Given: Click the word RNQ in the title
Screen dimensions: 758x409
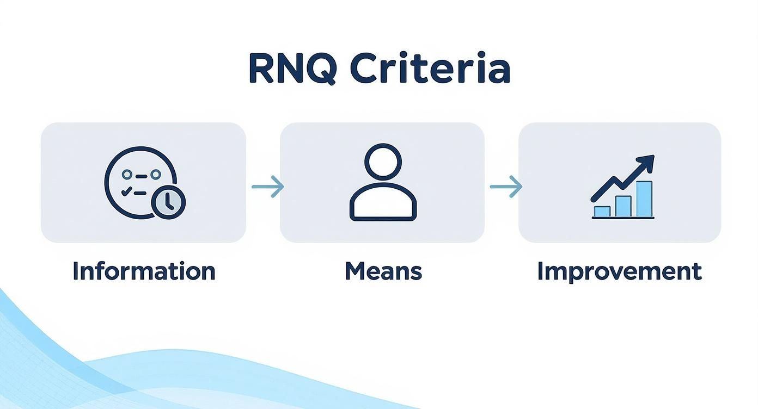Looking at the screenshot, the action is coord(293,69).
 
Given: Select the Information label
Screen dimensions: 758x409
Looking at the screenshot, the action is coord(144,271).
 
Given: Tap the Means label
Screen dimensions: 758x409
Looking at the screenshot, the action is coord(383,271).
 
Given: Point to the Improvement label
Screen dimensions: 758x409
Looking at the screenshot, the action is coord(620,271).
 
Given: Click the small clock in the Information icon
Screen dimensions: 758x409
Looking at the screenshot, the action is coord(168,202).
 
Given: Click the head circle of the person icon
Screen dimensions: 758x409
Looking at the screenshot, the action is coord(383,162).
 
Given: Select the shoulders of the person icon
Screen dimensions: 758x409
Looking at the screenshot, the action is coord(383,202).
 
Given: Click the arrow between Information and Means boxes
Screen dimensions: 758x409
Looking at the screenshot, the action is coord(268,186).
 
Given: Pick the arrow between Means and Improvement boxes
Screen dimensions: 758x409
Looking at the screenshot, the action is coord(506,186).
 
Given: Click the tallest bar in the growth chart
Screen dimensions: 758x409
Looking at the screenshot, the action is coord(644,199).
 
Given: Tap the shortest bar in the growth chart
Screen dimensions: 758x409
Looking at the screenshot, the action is coord(602,212).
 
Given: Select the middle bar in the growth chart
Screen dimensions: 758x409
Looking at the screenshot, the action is coord(623,206).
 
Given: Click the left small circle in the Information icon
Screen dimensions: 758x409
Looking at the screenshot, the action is coord(127,175).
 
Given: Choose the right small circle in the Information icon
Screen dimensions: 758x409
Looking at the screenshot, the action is coord(156,175).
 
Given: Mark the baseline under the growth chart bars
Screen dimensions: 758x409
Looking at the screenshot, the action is coord(623,218).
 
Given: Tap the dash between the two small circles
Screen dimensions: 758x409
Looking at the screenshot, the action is coord(141,176).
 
